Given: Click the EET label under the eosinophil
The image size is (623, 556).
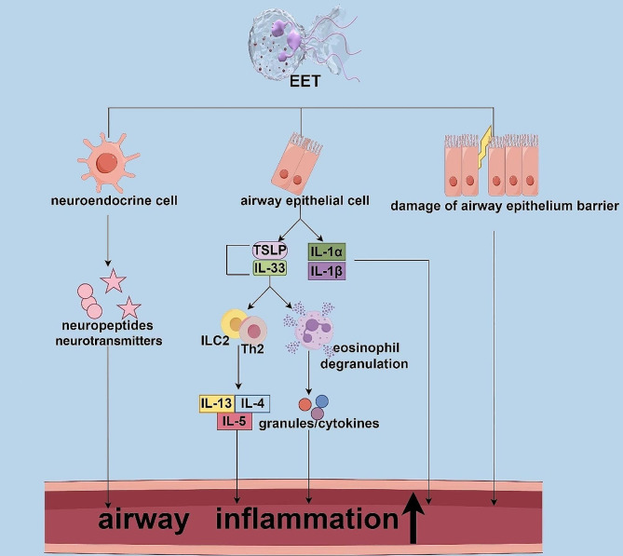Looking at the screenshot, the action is [305, 81].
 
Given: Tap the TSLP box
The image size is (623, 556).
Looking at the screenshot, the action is [270, 251].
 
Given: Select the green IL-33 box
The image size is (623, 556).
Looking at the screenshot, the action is [270, 268].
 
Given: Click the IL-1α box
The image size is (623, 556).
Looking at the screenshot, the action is [327, 251].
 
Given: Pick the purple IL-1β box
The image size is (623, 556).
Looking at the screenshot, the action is [327, 271].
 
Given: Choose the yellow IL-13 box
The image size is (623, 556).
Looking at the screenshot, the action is [217, 404].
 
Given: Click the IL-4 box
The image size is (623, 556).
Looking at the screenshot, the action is [252, 404].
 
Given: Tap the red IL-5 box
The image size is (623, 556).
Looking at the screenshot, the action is [235, 421].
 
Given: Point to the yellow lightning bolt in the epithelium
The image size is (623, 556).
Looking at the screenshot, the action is [485, 147].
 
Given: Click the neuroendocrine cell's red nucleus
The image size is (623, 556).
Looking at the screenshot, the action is [106, 163].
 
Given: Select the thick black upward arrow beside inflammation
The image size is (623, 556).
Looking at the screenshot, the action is [413, 518].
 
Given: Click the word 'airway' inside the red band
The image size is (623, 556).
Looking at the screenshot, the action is [143, 519].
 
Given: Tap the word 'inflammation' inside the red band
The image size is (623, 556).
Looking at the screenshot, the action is [306, 518].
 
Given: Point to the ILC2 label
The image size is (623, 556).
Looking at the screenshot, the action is [215, 341].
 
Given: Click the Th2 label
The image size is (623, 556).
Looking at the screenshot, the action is [252, 349].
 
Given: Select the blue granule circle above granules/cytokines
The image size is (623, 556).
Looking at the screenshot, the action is [322, 401].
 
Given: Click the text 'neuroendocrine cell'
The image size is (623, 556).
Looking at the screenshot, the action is [114, 200].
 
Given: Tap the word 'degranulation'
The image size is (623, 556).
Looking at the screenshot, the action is [364, 364].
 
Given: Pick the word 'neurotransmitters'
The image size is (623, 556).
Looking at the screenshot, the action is [108, 341].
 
